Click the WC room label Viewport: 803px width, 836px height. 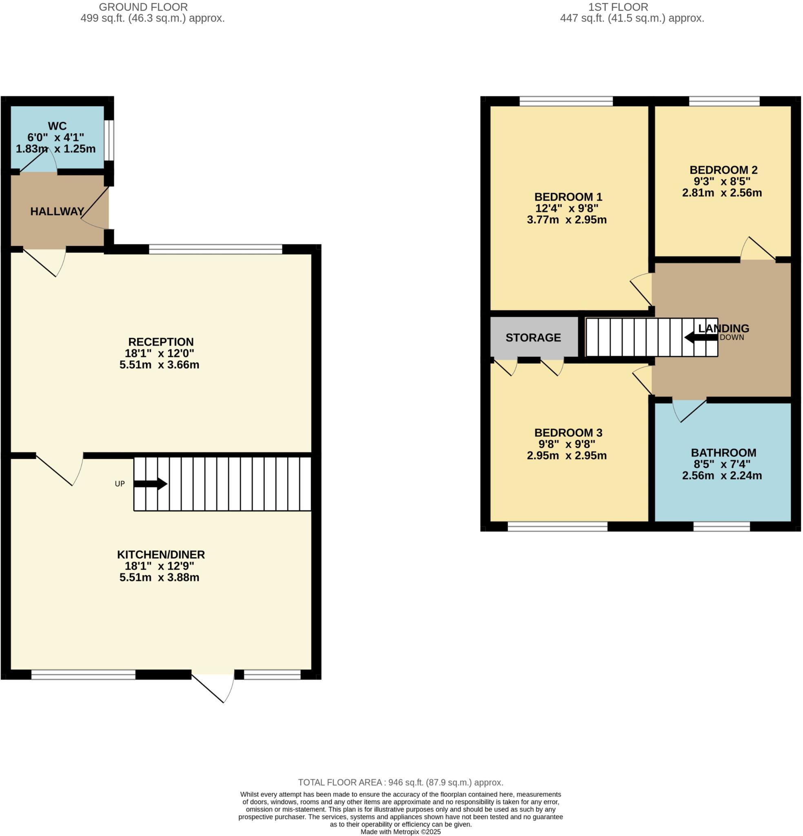tap(57, 126)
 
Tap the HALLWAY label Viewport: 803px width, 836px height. tap(57, 211)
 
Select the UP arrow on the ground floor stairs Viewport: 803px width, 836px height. tap(150, 484)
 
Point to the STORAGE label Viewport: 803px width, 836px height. tap(533, 338)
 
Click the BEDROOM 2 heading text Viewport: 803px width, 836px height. tap(723, 170)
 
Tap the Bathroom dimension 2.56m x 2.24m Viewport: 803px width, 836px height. tap(721, 476)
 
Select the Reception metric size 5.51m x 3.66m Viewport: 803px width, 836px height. tap(159, 365)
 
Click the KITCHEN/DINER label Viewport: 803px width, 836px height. tap(161, 554)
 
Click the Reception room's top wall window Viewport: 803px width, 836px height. tap(215, 249)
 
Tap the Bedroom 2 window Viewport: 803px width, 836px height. tap(724, 101)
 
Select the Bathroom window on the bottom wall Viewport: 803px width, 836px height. tap(721, 526)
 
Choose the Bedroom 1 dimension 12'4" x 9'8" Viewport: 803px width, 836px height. tap(567, 209)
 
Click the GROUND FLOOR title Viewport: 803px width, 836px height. tap(143, 7)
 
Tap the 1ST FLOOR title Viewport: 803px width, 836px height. tap(618, 7)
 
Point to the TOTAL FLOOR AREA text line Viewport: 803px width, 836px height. tap(400, 782)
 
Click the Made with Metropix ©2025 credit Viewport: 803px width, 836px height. tap(400, 832)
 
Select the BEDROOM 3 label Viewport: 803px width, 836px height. tap(568, 433)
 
